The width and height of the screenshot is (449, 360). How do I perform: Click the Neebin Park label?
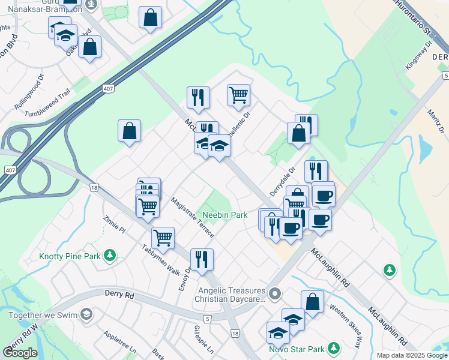[224, 215]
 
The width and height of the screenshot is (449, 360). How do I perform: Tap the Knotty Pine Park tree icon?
[109, 256]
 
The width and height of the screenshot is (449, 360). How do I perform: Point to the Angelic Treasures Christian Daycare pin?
[275, 294]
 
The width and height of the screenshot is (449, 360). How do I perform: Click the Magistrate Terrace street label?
[191, 217]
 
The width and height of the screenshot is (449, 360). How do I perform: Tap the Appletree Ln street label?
[120, 342]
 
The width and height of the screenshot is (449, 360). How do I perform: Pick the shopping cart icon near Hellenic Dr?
[239, 94]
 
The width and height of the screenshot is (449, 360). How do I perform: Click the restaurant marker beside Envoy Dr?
[202, 259]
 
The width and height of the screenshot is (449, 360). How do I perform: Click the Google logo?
[20, 353]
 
